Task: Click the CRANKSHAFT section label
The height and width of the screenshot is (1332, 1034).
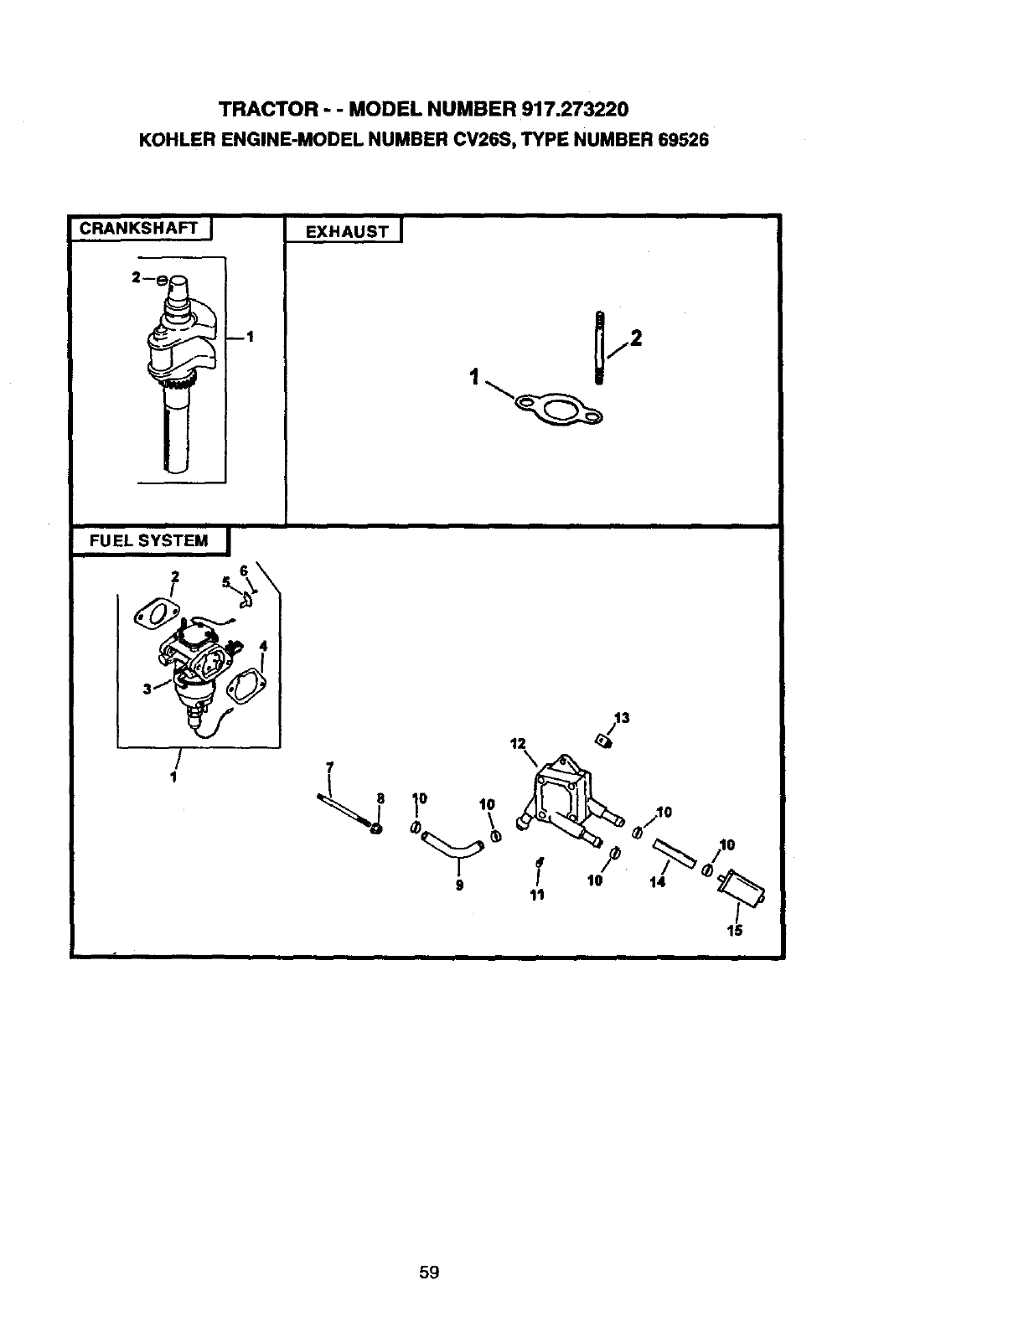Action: pyautogui.click(x=139, y=228)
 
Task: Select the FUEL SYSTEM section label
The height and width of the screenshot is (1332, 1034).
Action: pyautogui.click(x=149, y=540)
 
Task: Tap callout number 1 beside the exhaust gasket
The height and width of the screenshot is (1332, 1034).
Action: pyautogui.click(x=475, y=378)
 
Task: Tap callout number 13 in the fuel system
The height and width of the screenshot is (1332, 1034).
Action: pyautogui.click(x=621, y=718)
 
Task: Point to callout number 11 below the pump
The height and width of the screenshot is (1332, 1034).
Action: pyautogui.click(x=537, y=895)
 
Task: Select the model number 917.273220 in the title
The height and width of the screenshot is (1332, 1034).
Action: pyautogui.click(x=575, y=110)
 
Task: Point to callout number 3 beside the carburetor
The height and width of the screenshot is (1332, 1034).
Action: pyautogui.click(x=147, y=689)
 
